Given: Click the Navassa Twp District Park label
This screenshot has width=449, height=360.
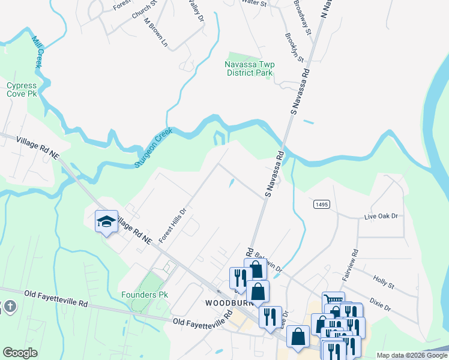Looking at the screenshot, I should coord(249,68).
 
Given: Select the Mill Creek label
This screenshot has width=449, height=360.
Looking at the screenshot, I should coord(38,52).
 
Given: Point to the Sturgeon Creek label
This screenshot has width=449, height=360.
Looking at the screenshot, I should coord(154,146).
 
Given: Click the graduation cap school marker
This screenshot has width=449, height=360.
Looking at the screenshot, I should coord(106,221).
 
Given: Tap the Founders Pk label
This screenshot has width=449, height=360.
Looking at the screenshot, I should coord(144,295).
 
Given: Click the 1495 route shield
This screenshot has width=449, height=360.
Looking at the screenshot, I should coord(321,205).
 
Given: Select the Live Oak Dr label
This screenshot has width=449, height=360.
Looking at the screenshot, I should coord(382,216).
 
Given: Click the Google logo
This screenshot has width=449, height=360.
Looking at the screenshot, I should coord(20,353).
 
